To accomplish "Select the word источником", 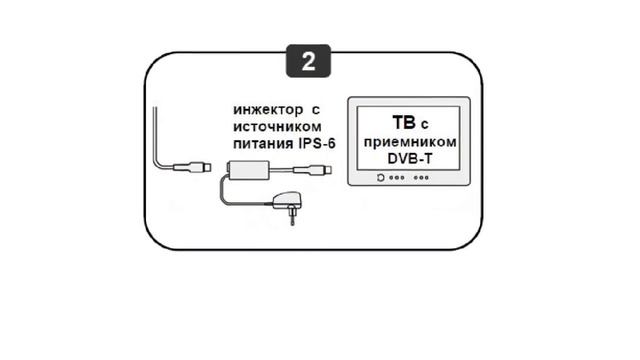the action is [276, 128].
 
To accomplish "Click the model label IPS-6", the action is [313, 146].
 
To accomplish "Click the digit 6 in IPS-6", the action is [331, 146].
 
